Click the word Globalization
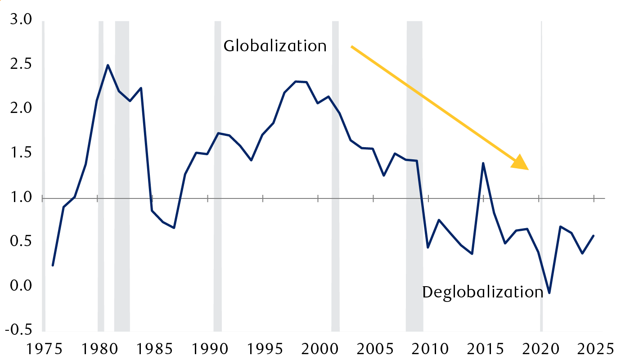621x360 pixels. [x=275, y=46]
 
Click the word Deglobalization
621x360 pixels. [x=483, y=292]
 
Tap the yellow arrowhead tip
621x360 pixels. [x=528, y=169]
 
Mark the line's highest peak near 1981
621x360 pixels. [x=108, y=65]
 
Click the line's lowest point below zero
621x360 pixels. [x=549, y=293]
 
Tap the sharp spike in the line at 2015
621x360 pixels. [x=483, y=163]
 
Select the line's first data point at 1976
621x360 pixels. [x=53, y=265]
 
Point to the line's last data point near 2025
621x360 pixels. [x=594, y=236]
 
